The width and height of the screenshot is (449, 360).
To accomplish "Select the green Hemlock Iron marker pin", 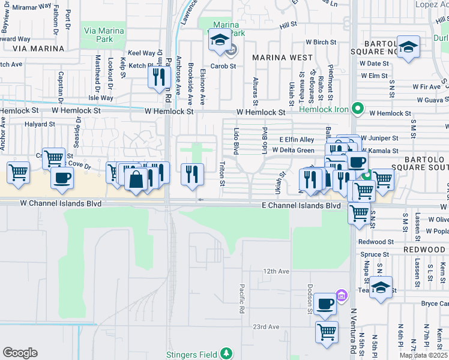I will click(358, 109).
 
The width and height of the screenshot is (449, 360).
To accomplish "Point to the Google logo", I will click(20, 353).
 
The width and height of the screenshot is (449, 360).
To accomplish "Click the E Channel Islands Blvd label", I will click(301, 205).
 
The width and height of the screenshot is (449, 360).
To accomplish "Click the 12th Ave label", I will click(276, 271).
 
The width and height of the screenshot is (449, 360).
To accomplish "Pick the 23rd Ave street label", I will click(266, 326).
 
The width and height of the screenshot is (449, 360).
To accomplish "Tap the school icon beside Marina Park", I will click(220, 41).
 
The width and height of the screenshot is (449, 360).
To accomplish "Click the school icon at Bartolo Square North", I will click(409, 48).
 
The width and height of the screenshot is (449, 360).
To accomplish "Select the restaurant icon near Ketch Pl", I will click(159, 77).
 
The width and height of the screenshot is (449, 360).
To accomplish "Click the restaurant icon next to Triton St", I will click(192, 174).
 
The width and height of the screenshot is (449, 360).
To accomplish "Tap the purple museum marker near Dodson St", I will click(341, 295).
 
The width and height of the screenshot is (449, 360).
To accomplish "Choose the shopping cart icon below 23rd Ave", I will click(327, 332).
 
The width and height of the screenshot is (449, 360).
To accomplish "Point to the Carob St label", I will click(223, 66).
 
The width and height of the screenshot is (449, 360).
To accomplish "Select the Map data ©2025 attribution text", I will click(423, 355).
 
